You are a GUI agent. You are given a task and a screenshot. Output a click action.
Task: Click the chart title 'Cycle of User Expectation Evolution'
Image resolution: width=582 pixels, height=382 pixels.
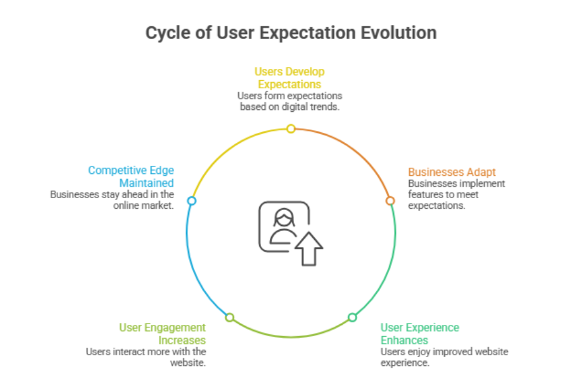291,32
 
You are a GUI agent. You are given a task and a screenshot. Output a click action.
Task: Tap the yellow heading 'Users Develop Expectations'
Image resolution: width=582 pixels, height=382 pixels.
290,78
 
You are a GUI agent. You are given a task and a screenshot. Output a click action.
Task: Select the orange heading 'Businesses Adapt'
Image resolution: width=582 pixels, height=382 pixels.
452,172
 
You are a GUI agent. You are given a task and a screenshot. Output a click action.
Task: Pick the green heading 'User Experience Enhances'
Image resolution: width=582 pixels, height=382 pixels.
420,334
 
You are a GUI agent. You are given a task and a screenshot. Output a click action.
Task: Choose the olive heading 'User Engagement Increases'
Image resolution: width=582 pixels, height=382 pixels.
162,334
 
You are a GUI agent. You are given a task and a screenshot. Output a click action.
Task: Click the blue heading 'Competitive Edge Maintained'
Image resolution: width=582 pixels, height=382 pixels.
131,176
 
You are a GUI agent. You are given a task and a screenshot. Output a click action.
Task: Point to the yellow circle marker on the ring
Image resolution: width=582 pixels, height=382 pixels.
290,129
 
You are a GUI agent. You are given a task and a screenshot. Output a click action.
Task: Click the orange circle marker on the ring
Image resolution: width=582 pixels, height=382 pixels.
390,201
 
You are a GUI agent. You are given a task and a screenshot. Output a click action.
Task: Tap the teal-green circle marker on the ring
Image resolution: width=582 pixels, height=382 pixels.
352,317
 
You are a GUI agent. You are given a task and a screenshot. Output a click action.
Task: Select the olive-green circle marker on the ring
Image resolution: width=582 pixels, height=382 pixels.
229,317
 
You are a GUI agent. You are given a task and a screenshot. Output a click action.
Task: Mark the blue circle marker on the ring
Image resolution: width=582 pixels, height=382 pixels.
192,201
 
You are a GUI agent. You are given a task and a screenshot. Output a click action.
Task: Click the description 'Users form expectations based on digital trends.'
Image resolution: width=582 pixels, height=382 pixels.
290,101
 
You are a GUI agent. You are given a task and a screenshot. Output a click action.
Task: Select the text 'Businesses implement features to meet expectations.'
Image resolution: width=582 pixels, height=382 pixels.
456,194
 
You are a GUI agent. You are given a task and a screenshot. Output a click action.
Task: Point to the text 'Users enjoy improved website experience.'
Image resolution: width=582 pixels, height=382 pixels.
444,357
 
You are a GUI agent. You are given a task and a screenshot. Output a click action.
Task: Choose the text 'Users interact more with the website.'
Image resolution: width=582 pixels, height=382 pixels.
146,357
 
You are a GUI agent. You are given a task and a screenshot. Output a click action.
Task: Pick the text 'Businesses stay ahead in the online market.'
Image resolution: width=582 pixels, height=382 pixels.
113,199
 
